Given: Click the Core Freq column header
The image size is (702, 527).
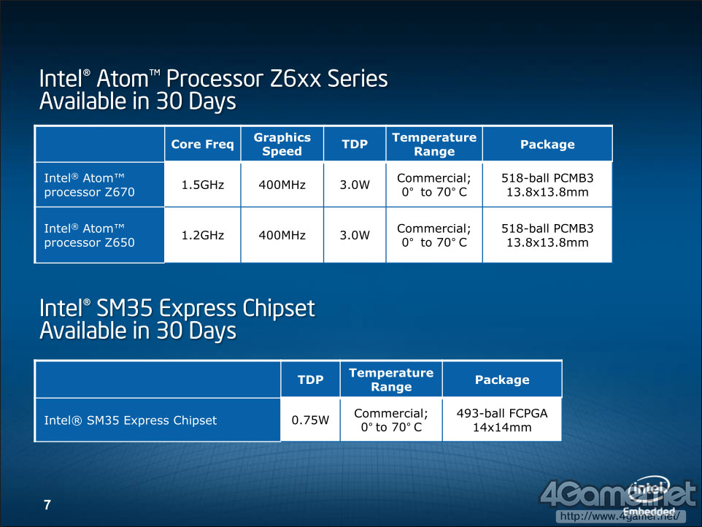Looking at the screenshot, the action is [202, 145].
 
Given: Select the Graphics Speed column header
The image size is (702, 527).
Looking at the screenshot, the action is [282, 145].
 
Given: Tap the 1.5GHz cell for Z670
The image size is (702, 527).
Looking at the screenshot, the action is [202, 185].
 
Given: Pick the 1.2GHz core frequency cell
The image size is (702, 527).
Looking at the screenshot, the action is [202, 235].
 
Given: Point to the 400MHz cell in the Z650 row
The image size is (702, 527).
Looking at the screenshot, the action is [282, 235].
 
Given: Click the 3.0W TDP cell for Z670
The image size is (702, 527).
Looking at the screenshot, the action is [355, 185].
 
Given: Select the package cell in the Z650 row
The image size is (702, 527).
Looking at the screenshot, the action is [547, 235].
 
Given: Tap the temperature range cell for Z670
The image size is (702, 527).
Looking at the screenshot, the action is [434, 185].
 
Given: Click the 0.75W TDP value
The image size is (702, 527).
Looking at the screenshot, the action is [310, 420].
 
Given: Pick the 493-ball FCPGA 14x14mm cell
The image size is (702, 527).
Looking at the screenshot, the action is [502, 420].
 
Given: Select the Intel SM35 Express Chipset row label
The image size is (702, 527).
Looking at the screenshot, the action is [131, 420].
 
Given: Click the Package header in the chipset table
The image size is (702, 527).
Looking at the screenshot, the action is [502, 380].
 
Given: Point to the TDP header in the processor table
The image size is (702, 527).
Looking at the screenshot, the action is [355, 145].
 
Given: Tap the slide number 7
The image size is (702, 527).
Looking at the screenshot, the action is [47, 505].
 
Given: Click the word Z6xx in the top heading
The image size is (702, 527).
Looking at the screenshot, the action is [295, 79].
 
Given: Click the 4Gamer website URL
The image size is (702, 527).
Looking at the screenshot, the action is [620, 516].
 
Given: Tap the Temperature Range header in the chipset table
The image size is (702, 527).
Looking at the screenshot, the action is [391, 380].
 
